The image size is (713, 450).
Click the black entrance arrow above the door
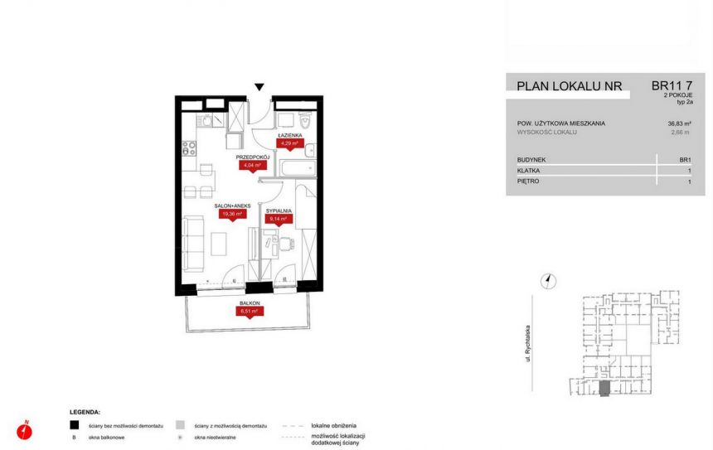pos(259,87)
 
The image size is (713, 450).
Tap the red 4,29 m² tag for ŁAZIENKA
pos(289,143)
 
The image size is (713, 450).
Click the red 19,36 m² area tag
pos(232,214)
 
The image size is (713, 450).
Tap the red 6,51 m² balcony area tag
pos(250,312)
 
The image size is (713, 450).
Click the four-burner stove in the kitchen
pos(189,149)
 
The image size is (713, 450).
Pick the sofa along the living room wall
pos(193,243)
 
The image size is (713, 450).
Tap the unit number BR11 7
pos(672,85)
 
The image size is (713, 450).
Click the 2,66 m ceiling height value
pos(680,133)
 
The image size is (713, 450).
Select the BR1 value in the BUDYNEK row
pos(685,159)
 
